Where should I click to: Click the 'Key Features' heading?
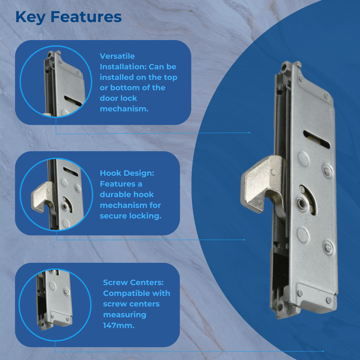point(68,17)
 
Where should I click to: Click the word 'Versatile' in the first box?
point(117,56)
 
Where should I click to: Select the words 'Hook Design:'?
point(124,173)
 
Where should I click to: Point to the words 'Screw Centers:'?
point(133,283)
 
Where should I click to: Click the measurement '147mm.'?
point(118,325)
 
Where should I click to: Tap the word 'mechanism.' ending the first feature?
point(124,109)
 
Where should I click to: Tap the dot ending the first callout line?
point(249,133)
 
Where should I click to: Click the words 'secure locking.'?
point(130,216)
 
